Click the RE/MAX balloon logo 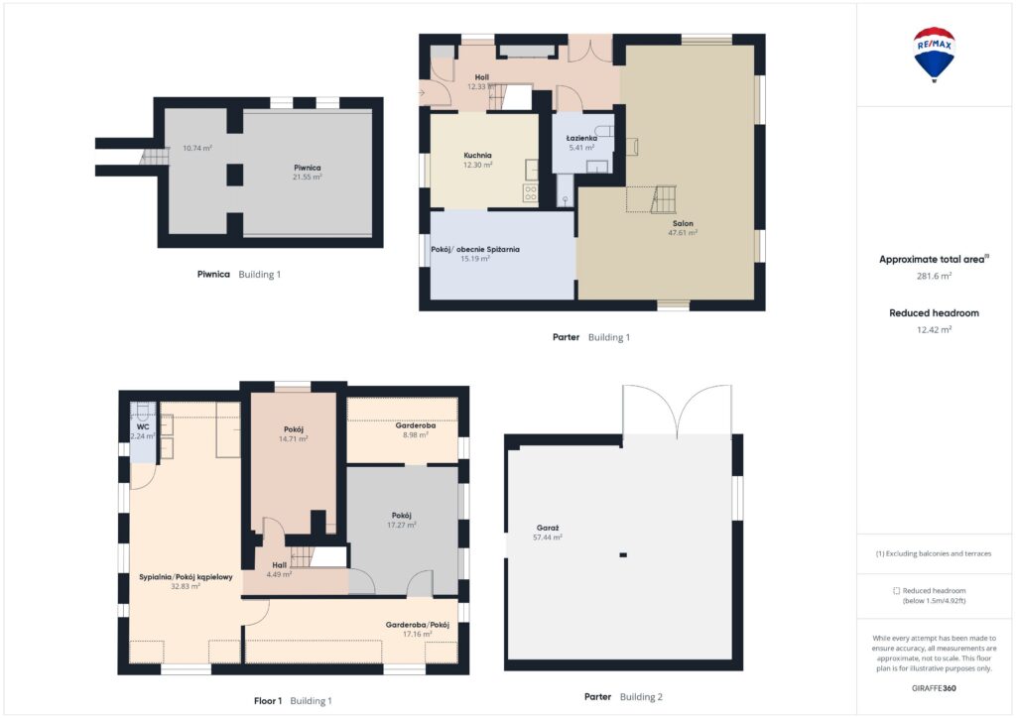pyautogui.click(x=934, y=55)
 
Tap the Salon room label pyautogui.click(x=683, y=223)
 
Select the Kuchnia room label pyautogui.click(x=477, y=156)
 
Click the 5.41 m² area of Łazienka pyautogui.click(x=581, y=148)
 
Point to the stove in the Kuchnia pyautogui.click(x=531, y=193)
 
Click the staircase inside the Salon pyautogui.click(x=663, y=199)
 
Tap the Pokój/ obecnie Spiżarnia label pyautogui.click(x=475, y=249)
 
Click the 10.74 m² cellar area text pyautogui.click(x=197, y=149)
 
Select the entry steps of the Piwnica pyautogui.click(x=154, y=156)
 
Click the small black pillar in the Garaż pyautogui.click(x=623, y=554)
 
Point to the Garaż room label pyautogui.click(x=548, y=528)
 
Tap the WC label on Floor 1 pyautogui.click(x=143, y=426)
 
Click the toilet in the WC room pyautogui.click(x=143, y=412)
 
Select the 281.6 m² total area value pyautogui.click(x=934, y=276)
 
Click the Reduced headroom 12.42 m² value pyautogui.click(x=934, y=329)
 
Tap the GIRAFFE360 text pyautogui.click(x=934, y=688)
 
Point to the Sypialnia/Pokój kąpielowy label pyautogui.click(x=186, y=577)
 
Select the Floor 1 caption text pyautogui.click(x=268, y=700)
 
